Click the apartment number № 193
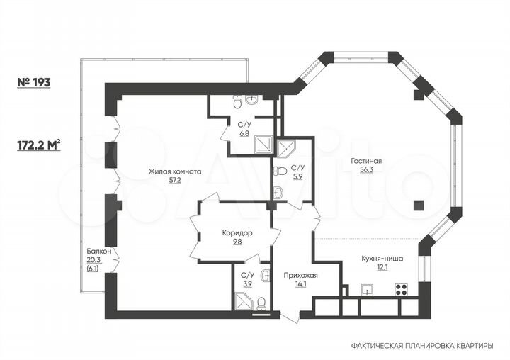[34, 82]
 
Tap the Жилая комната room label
[175, 171]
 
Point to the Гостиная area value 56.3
[365, 170]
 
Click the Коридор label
[237, 232]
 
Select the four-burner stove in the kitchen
[401, 289]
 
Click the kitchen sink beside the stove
[368, 289]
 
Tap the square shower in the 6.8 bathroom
[263, 145]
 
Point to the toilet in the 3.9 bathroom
[261, 304]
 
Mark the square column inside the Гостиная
[418, 206]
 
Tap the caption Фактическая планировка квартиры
[422, 345]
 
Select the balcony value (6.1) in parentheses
[93, 269]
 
